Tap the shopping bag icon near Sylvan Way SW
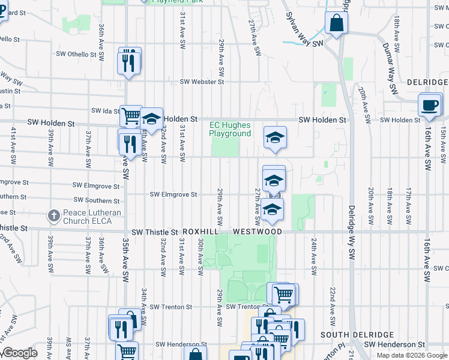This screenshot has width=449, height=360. (x=337, y=23)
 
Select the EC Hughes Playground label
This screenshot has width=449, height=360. (x=230, y=130)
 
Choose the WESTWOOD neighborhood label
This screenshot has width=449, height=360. (x=258, y=232)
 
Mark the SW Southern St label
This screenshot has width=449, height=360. (x=96, y=201)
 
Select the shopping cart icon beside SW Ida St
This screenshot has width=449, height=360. (x=130, y=115)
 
